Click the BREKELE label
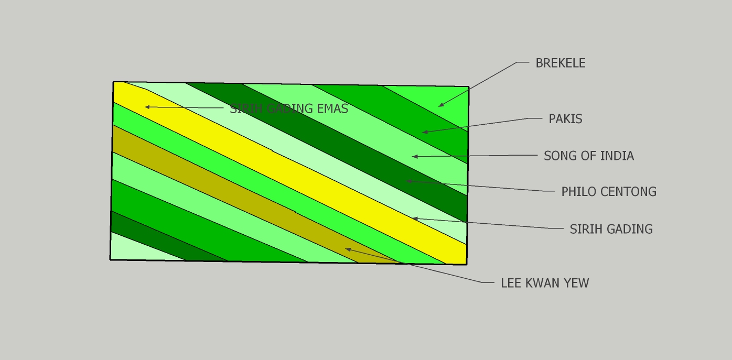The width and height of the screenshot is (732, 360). [x=561, y=63]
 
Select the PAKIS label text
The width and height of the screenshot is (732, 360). [x=565, y=119]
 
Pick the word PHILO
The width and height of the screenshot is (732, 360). [x=579, y=192]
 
